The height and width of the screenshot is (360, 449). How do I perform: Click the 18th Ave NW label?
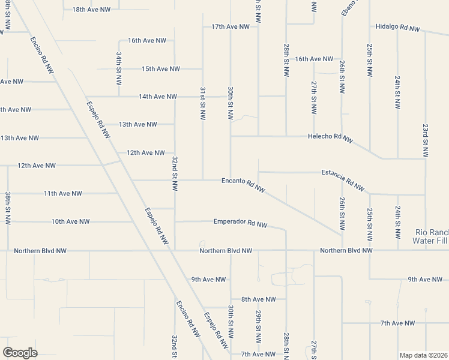pyautogui.click(x=91, y=10)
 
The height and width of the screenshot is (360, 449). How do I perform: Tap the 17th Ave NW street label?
pyautogui.click(x=231, y=27)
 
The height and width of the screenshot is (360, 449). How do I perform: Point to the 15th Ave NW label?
pyautogui.click(x=161, y=69)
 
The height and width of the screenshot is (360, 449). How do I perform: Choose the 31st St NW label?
pyautogui.click(x=203, y=103)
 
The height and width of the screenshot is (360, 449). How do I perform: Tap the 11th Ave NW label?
pyautogui.click(x=62, y=193)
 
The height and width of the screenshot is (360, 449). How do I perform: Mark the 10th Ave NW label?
pyautogui.click(x=70, y=221)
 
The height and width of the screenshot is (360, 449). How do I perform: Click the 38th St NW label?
pyautogui.click(x=8, y=208)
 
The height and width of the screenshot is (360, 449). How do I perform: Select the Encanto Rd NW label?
pyautogui.click(x=244, y=183)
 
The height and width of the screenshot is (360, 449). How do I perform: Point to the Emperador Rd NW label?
pyautogui.click(x=241, y=223)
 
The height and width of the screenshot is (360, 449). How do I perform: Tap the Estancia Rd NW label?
pyautogui.click(x=343, y=179)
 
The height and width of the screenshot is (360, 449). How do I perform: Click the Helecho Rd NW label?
pyautogui.click(x=331, y=137)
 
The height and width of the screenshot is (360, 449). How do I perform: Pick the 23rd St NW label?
pyautogui.click(x=425, y=141)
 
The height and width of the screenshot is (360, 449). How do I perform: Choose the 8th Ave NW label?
pyautogui.click(x=258, y=299)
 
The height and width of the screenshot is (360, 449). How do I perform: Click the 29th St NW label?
pyautogui.click(x=258, y=327)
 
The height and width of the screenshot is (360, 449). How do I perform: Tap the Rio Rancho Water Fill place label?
pyautogui.click(x=432, y=236)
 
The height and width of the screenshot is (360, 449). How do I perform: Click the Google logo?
pyautogui.click(x=20, y=353)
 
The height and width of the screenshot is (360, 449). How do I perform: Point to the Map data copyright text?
pyautogui.click(x=423, y=355)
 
